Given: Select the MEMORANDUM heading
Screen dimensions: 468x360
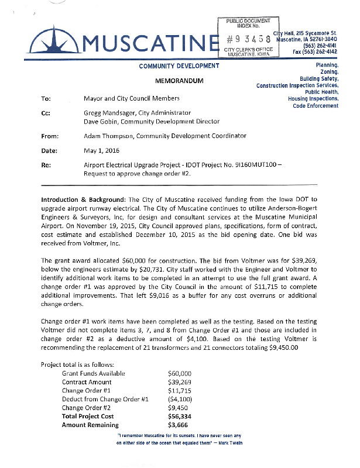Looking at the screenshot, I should click(x=179, y=80).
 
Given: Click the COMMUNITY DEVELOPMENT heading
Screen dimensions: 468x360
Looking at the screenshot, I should click(x=179, y=66).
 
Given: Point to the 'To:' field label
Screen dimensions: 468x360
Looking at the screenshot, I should click(x=46, y=99).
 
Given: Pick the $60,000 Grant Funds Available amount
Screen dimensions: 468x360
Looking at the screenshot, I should click(x=180, y=373).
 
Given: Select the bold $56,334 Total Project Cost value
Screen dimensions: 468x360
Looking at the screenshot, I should click(x=180, y=417).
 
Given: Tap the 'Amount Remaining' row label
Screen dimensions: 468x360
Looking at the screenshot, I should click(x=90, y=425).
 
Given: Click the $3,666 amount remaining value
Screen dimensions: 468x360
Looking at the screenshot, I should click(x=177, y=425).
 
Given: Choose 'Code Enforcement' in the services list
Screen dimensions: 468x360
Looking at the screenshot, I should click(x=316, y=106).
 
